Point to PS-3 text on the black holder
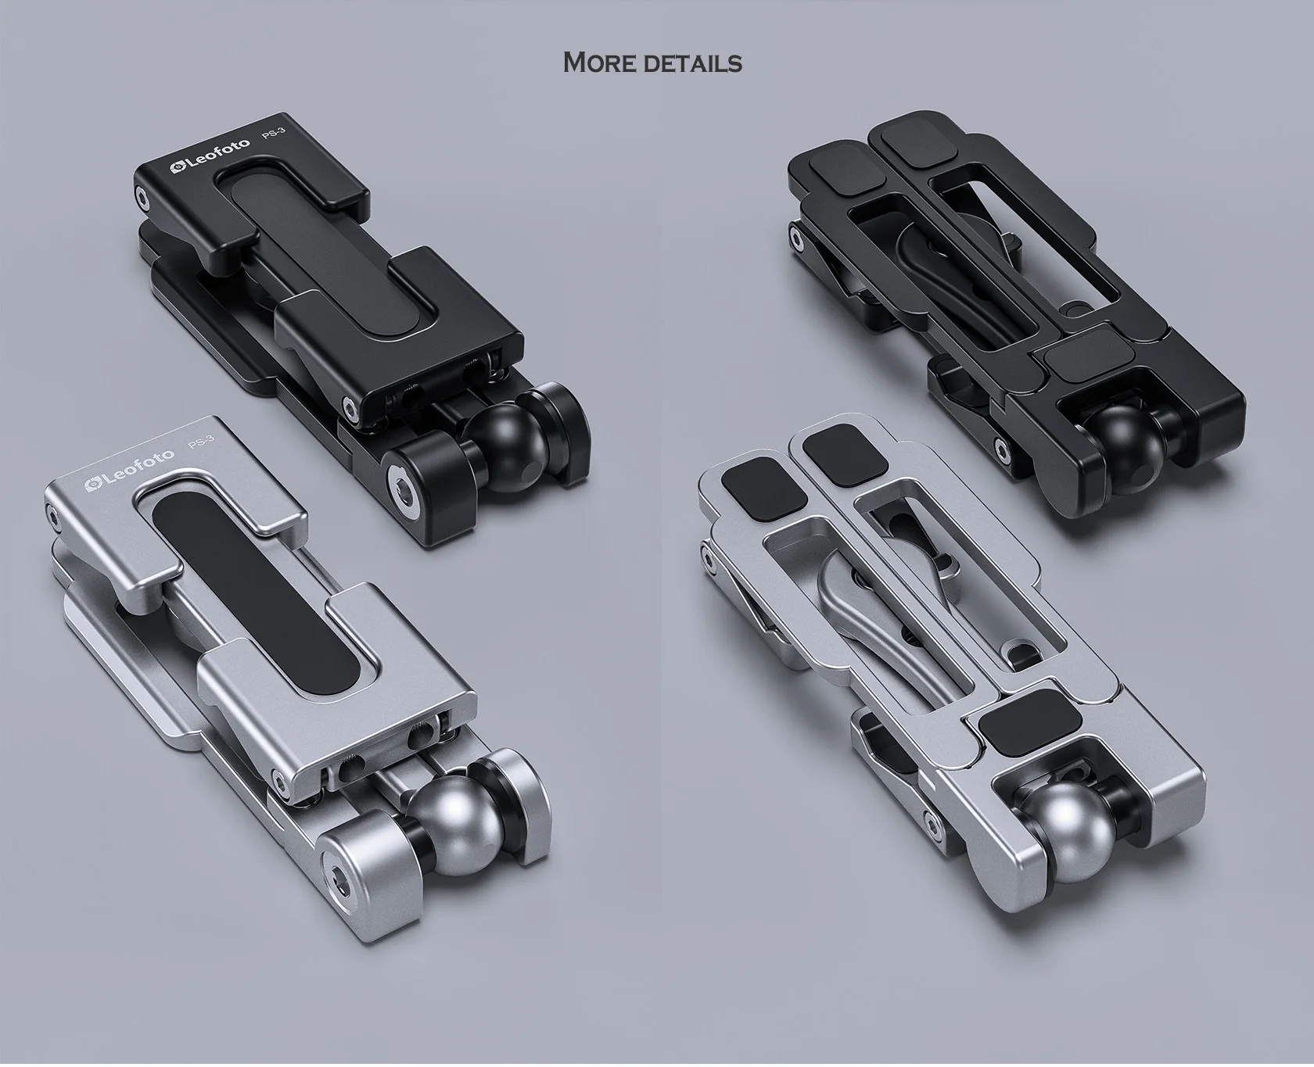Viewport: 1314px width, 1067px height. (x=274, y=134)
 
